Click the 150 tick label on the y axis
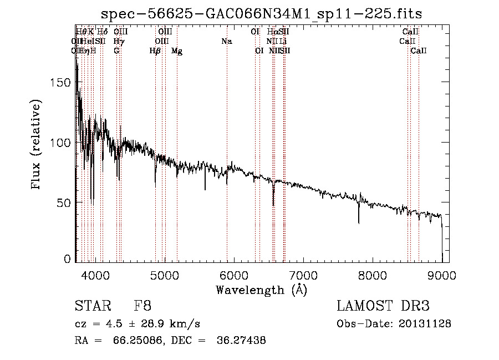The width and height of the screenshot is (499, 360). click(x=62, y=82)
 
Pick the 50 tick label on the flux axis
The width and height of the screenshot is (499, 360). click(x=65, y=202)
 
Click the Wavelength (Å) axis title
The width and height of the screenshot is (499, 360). click(x=261, y=290)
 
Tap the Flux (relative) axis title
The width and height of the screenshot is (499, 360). click(x=37, y=146)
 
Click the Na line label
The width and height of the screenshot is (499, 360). click(x=226, y=41)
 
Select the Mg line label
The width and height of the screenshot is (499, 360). click(x=177, y=50)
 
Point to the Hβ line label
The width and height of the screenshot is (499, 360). click(x=155, y=50)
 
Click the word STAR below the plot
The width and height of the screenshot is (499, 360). click(x=92, y=306)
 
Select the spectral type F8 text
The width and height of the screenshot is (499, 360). click(x=142, y=306)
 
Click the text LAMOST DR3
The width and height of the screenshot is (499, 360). click(x=383, y=306)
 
